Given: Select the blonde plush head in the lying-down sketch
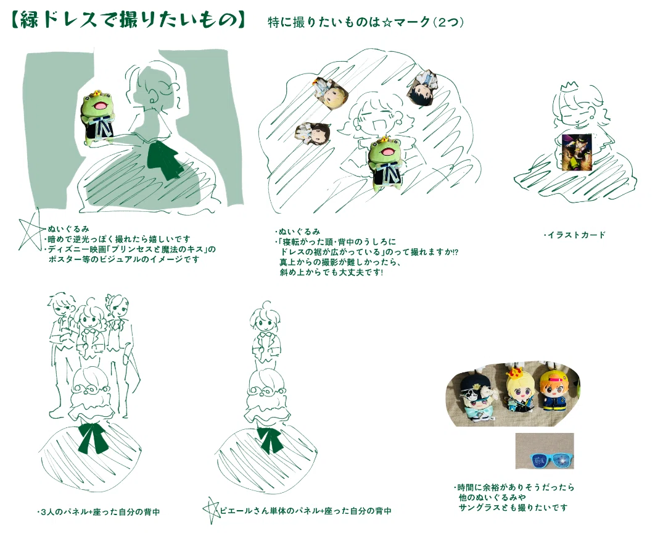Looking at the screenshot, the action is tap(331, 93).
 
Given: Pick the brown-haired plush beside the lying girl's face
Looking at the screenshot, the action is tap(313, 133).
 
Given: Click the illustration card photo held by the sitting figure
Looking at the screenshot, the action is tap(577, 153).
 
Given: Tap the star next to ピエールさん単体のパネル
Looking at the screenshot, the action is tap(211, 510).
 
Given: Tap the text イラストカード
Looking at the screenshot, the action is tap(577, 235).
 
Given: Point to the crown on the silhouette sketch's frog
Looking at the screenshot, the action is tap(97, 93).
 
